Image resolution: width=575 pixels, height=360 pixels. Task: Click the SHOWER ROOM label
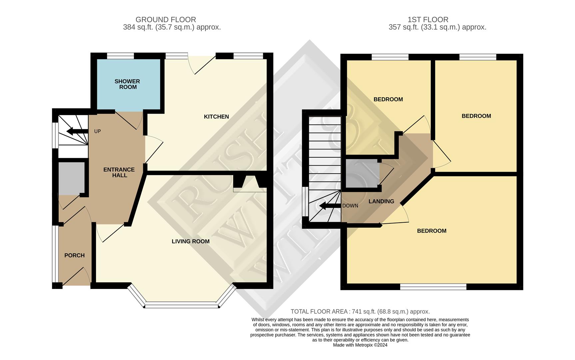tap(127, 84)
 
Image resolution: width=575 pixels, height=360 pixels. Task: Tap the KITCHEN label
tap(216, 117)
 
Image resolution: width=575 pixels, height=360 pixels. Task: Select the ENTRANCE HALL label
tap(119, 172)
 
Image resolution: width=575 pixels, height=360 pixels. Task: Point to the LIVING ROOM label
tap(191, 241)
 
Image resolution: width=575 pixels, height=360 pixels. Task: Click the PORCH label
tap(74, 255)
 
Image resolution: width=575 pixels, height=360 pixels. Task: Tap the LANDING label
tap(381, 201)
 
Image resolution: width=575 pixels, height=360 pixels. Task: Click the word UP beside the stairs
tap(97, 131)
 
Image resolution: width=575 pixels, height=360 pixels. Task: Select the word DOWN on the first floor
tap(350, 206)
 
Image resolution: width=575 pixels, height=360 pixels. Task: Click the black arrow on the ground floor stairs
tap(77, 131)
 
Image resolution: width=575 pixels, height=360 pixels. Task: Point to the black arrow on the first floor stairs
tap(330, 206)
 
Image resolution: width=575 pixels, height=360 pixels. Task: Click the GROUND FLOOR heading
tap(166, 20)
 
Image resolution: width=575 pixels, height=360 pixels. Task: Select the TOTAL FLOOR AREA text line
tap(360, 312)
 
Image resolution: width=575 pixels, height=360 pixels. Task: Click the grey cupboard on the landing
tap(362, 173)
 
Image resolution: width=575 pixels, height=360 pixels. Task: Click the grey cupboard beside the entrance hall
tap(71, 178)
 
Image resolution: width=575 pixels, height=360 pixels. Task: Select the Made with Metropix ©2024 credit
tap(360, 345)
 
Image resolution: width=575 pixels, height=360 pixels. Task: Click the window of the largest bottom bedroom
tap(433, 287)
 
